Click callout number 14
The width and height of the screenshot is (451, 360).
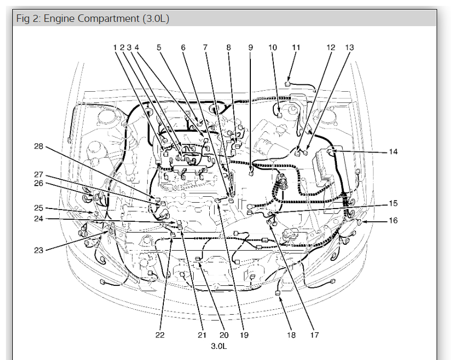tap(393, 152)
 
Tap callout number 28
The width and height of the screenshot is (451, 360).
tap(38, 146)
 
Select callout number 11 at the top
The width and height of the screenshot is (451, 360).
tap(296, 47)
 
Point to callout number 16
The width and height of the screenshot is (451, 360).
tap(393, 220)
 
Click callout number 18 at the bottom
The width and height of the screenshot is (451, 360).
tap(291, 335)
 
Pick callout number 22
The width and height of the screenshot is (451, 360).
tap(160, 335)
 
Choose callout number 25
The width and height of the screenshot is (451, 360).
tap(38, 207)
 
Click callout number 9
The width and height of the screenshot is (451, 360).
tap(250, 47)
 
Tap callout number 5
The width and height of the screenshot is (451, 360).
tap(159, 47)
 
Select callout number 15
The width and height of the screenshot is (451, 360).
tap(393, 203)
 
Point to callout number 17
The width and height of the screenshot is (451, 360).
tap(314, 335)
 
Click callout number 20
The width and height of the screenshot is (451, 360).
tap(224, 335)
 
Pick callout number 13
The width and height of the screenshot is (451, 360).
tap(349, 47)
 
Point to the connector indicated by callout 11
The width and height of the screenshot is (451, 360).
tap(288, 83)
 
